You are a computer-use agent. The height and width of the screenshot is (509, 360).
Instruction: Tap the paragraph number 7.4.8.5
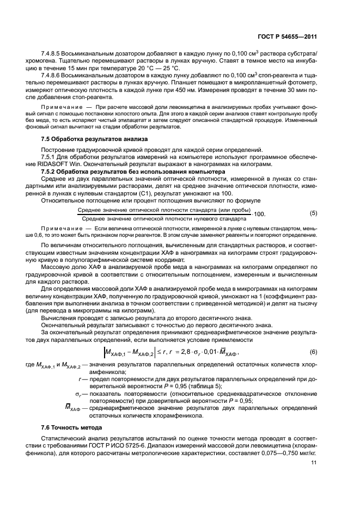(x=53, y=53)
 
